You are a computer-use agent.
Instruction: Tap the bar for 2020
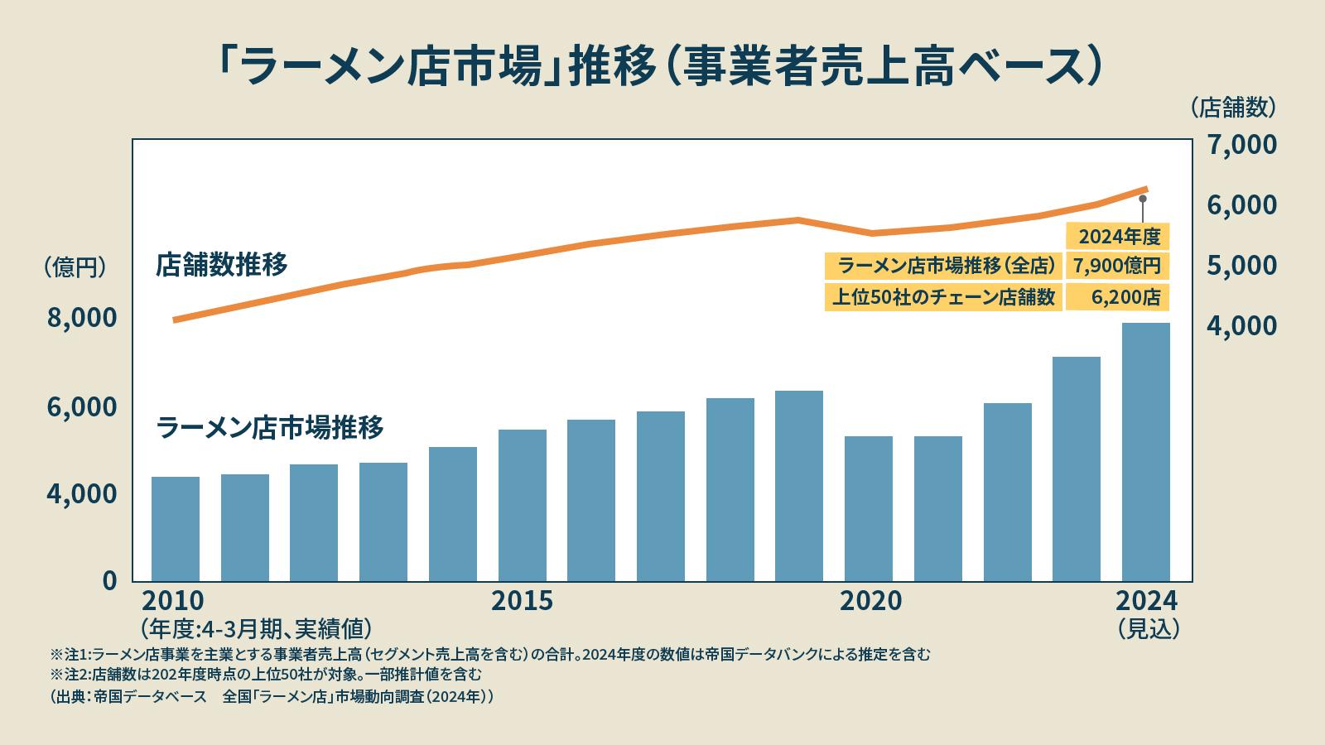coord(869,508)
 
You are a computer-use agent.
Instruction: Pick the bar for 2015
coord(523,505)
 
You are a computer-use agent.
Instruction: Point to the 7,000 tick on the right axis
coord(1241,145)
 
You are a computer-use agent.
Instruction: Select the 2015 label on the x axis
coord(522,601)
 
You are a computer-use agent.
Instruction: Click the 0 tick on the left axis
coord(109,580)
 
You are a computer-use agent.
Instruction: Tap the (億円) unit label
coord(75,267)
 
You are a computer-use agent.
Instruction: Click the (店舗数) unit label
coord(1233,107)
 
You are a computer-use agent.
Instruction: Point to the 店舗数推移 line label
coord(222,266)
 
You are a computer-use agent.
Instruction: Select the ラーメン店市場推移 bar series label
coord(270,428)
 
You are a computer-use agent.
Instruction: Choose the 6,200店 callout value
coord(1125,297)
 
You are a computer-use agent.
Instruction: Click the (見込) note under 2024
coord(1148,628)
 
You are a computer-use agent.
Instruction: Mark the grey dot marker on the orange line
coord(1142,199)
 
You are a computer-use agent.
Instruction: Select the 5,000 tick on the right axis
coord(1241,266)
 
